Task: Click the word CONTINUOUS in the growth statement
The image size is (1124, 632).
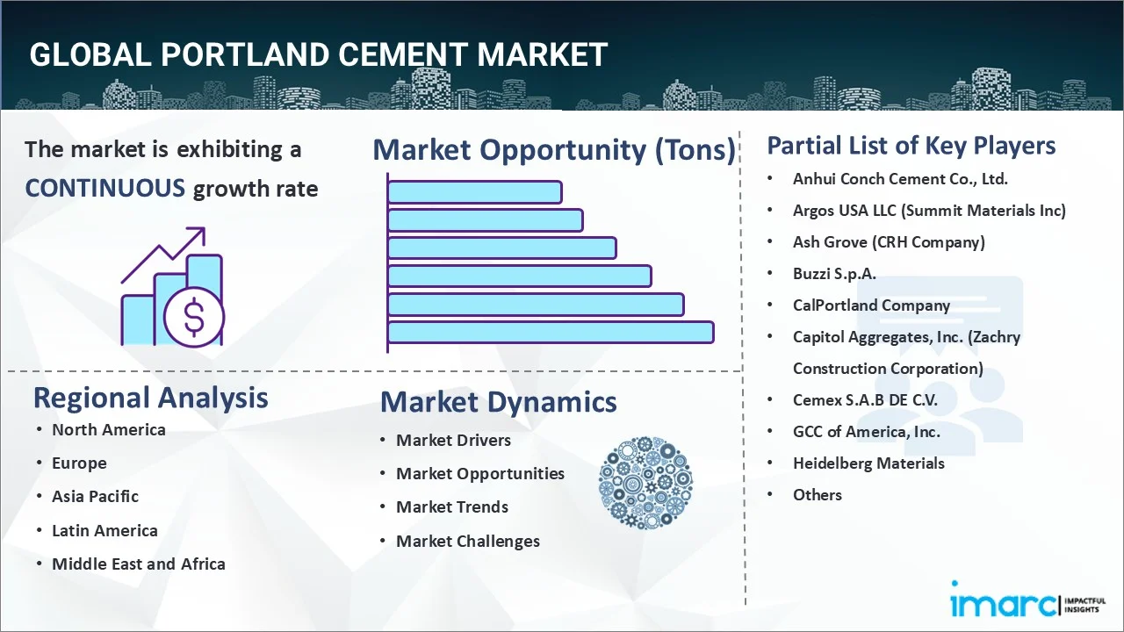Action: (x=104, y=188)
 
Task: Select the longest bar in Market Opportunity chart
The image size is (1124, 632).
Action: (x=550, y=332)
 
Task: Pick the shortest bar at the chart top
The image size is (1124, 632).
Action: (x=474, y=191)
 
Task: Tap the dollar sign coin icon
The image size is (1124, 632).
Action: (x=194, y=317)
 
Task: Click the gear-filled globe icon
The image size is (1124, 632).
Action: (x=645, y=484)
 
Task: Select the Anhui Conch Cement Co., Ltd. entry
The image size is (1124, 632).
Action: (x=899, y=179)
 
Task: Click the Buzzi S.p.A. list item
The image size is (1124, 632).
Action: (x=833, y=274)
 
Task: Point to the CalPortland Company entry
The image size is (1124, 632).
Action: (x=870, y=305)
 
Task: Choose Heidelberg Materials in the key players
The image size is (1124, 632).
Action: (x=868, y=463)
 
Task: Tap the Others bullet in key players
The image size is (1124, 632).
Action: (x=817, y=495)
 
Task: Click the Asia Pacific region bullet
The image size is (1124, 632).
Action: (x=95, y=497)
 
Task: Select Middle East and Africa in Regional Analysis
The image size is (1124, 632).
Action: (x=138, y=564)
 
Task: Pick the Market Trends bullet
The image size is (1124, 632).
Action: (x=451, y=507)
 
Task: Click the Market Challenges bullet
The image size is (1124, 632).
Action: (x=467, y=542)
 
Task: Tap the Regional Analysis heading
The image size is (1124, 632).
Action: (x=150, y=398)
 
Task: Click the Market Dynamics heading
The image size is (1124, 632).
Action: (x=498, y=402)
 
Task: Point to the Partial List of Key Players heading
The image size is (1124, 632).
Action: (x=911, y=146)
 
